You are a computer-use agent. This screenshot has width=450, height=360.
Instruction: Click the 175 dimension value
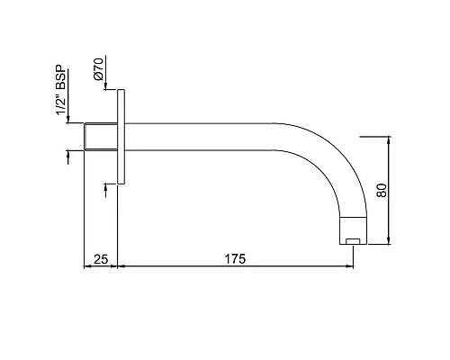235,259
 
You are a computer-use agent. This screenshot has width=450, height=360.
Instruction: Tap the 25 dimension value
101,259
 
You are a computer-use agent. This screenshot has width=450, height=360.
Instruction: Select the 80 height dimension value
382,190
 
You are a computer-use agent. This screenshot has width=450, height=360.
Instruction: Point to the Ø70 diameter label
98,68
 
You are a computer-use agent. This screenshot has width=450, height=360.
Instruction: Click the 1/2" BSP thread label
61,90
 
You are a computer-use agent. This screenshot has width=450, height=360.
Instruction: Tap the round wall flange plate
121,137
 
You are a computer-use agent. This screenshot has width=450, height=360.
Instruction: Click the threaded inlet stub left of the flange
101,137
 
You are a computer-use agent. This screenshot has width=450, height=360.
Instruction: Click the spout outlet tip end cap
353,230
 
